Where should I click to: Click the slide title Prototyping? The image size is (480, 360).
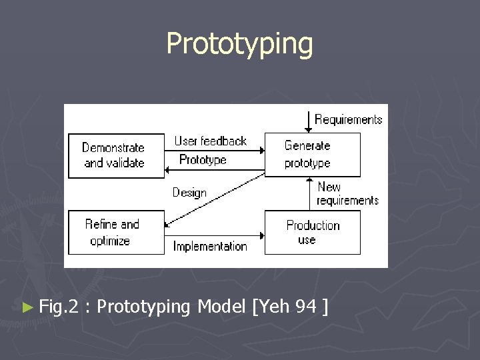[239, 44]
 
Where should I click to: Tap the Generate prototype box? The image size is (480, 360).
[312, 155]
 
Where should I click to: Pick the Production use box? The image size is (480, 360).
[312, 232]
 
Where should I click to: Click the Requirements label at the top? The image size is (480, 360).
[348, 120]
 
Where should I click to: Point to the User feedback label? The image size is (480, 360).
[210, 141]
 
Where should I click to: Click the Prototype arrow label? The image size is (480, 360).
[203, 160]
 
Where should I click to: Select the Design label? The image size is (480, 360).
[189, 193]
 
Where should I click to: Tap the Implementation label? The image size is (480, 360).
[210, 246]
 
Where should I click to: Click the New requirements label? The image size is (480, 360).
[347, 194]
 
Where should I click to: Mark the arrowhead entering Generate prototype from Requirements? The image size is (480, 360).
[307, 129]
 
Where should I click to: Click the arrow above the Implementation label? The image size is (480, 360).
[213, 235]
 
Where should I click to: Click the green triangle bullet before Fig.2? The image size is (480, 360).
[27, 307]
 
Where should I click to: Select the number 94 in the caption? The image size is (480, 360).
[306, 307]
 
